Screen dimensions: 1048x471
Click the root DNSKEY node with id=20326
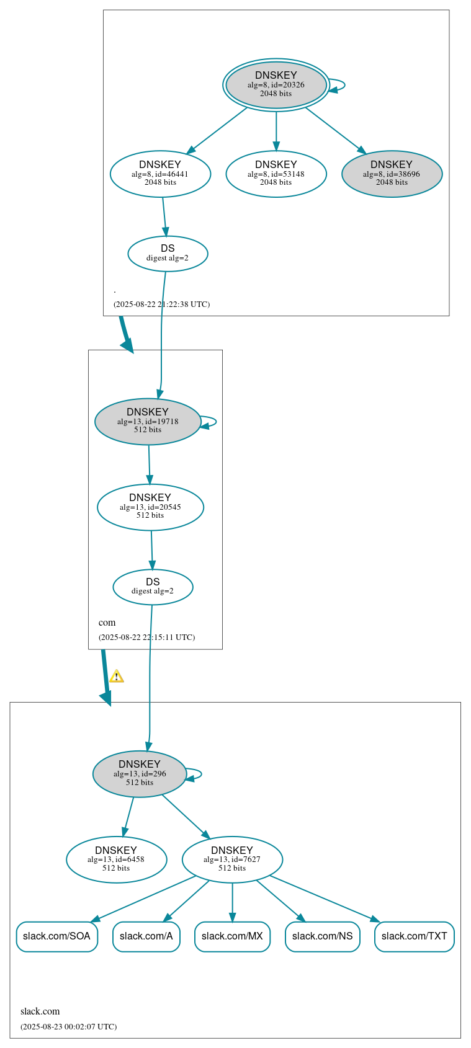tap(276, 85)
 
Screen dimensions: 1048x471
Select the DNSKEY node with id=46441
tap(160, 174)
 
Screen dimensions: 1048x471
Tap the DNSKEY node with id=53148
tap(276, 174)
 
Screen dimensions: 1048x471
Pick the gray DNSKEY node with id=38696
tap(392, 174)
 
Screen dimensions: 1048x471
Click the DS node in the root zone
tap(168, 253)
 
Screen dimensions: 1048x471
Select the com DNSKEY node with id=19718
tap(148, 421)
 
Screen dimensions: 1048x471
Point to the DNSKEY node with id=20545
tap(150, 507)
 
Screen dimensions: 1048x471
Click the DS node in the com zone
tap(153, 587)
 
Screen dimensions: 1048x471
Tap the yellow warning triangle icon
tap(116, 676)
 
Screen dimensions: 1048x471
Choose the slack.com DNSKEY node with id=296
tap(140, 773)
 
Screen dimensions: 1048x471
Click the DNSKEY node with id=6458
tap(116, 859)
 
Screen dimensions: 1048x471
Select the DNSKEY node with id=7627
tap(232, 859)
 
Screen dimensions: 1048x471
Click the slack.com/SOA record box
tap(56, 936)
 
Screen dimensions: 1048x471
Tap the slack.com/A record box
tap(146, 936)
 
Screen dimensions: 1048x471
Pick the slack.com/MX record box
tap(232, 936)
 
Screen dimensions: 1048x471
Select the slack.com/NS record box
tap(322, 936)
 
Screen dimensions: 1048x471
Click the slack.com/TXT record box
tap(414, 936)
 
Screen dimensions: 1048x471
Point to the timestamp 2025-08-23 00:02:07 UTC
tap(68, 1026)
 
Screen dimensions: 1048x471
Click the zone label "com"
tap(107, 623)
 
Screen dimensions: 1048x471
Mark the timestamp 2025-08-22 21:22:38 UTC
tap(161, 304)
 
